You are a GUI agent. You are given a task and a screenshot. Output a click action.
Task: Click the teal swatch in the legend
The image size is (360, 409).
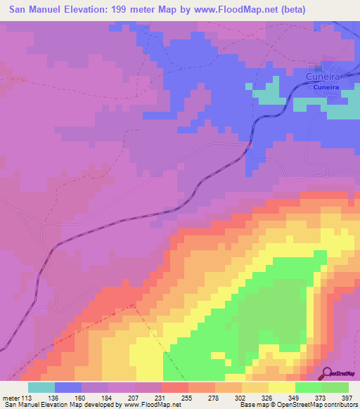pyautogui.click(x=41, y=387)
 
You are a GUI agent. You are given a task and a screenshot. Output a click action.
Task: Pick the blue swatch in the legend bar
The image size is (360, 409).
pyautogui.click(x=68, y=387)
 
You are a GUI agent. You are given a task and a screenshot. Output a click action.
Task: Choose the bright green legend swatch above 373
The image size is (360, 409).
pyautogui.click(x=309, y=387)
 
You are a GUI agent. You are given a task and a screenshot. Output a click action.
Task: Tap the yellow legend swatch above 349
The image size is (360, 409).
pyautogui.click(x=282, y=387)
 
